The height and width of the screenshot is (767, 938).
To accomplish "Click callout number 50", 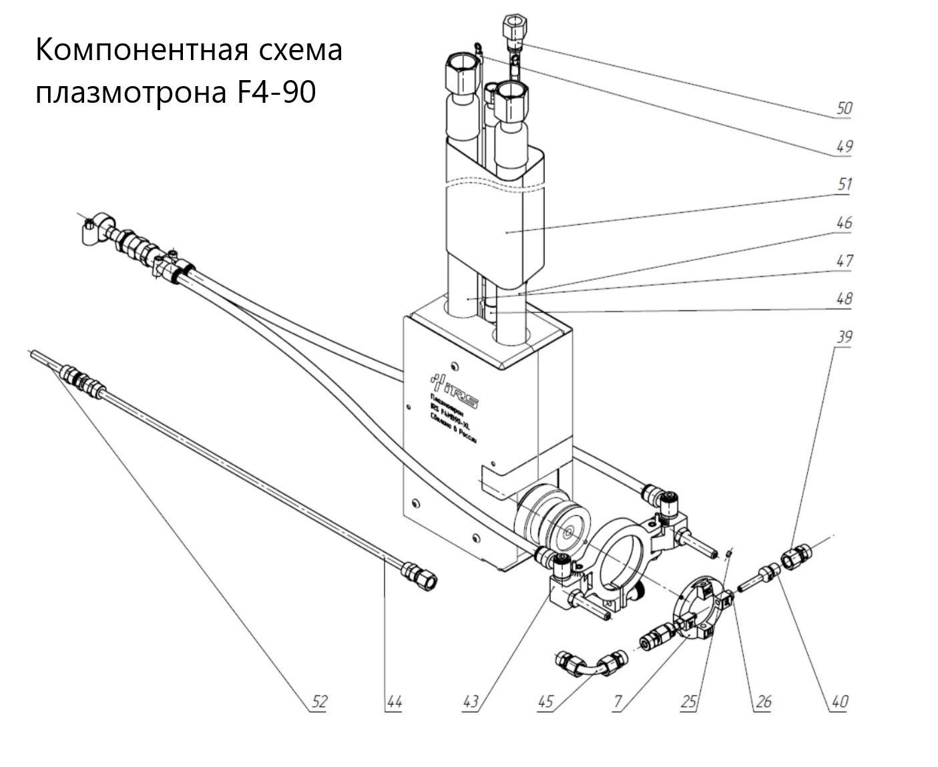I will (x=844, y=107).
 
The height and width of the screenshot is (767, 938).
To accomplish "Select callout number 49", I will (x=844, y=146).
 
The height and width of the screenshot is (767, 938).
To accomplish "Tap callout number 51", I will (x=844, y=184).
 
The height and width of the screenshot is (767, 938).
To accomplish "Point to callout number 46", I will (x=844, y=222).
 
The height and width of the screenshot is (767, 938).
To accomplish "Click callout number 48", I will (x=844, y=298).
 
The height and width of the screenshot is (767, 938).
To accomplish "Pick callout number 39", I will (x=844, y=336).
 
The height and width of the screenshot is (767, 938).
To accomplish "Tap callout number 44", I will (x=395, y=702).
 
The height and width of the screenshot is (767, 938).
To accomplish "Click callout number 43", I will (x=471, y=702).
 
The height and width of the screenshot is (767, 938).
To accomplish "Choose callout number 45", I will (x=545, y=702).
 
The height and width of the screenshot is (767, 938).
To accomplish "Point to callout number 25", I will (x=689, y=702).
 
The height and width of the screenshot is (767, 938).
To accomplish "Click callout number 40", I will (x=839, y=702).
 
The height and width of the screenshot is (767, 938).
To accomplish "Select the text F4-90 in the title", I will (x=276, y=93).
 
